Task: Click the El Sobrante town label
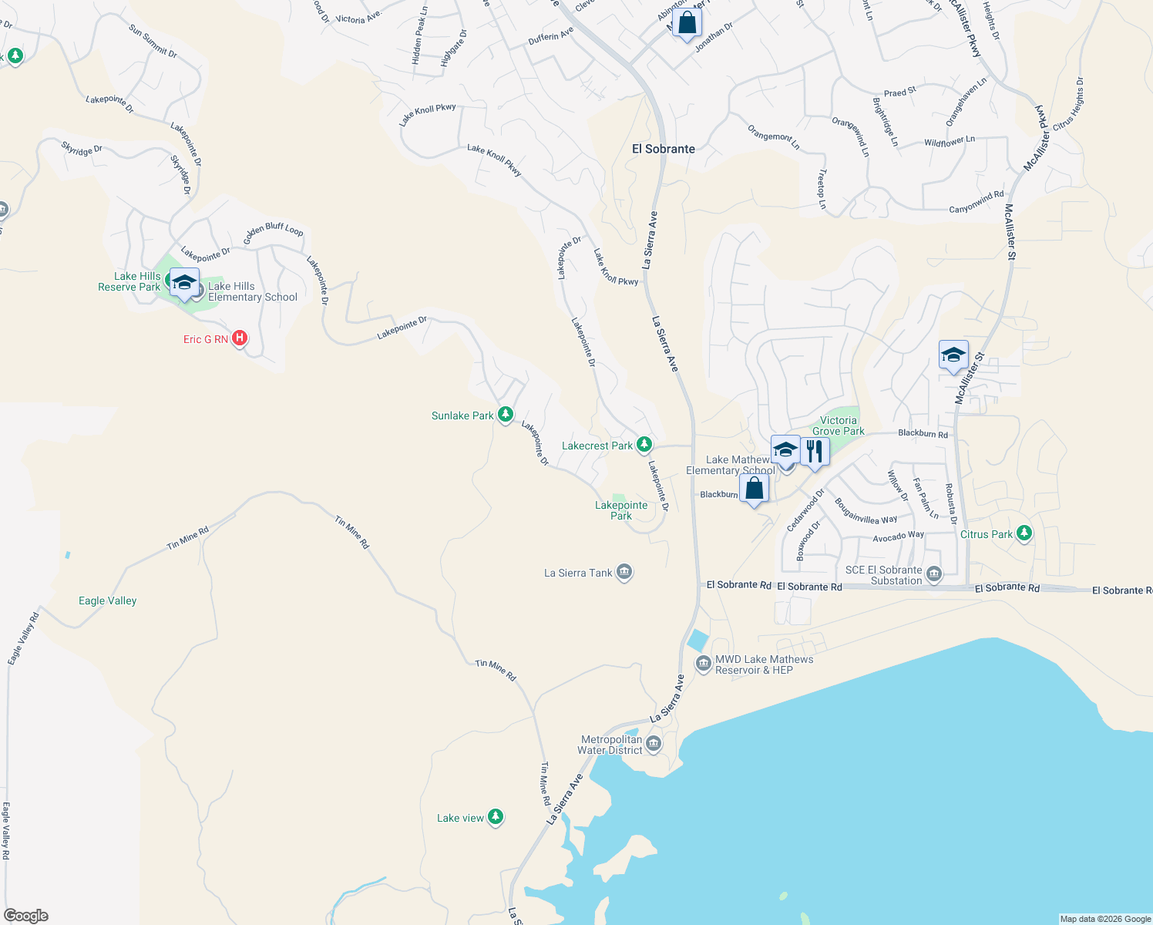(663, 149)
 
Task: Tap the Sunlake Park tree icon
(506, 415)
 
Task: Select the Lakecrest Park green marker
(644, 445)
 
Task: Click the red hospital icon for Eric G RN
(240, 338)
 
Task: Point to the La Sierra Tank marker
(624, 572)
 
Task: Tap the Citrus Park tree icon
(1024, 533)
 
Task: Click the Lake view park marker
(496, 817)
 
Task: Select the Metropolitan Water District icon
(654, 744)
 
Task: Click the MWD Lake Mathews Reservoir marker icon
(703, 664)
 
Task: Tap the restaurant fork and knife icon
(815, 450)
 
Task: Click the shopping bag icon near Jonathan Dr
(687, 22)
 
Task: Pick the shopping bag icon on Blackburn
(754, 488)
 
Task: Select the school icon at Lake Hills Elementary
(185, 282)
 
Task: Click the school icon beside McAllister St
(953, 355)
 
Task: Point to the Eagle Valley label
(107, 600)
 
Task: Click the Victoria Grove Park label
(838, 425)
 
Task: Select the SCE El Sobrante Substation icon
(934, 574)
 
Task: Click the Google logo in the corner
(26, 915)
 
